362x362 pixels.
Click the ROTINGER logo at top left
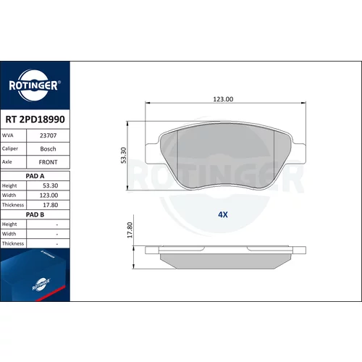(35, 85)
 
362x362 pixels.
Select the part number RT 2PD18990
(35, 119)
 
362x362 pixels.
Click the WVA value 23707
(48, 135)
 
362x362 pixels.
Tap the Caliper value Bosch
(48, 149)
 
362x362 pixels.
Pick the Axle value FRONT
(48, 162)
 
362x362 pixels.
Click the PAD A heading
(35, 176)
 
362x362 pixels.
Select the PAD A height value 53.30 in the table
(51, 185)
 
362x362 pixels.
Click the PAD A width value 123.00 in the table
(49, 195)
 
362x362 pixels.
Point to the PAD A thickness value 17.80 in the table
(51, 205)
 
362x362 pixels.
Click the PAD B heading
(35, 214)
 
